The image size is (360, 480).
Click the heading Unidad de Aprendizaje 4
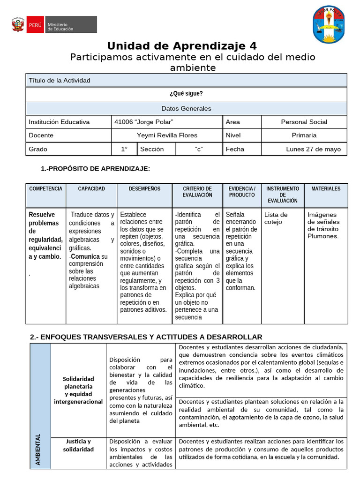(x=182, y=46)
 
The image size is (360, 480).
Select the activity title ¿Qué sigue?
(x=186, y=94)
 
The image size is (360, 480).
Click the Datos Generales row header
(x=186, y=108)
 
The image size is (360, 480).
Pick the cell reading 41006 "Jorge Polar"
(x=144, y=122)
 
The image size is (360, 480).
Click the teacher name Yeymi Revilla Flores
(x=167, y=135)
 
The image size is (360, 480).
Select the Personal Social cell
(x=304, y=122)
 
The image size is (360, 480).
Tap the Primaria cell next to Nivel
(x=304, y=135)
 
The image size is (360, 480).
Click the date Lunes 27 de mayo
(x=313, y=149)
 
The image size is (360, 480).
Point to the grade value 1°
(x=124, y=149)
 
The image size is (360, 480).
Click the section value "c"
(x=198, y=149)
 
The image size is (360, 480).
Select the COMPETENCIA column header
(x=45, y=188)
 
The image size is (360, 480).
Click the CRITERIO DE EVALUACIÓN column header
(x=197, y=192)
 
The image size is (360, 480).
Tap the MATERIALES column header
(x=326, y=188)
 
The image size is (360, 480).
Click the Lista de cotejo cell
(x=276, y=218)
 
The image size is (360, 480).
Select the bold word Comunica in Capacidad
(x=85, y=256)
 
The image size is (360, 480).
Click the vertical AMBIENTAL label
(x=38, y=449)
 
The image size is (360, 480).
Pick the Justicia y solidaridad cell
(x=78, y=445)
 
